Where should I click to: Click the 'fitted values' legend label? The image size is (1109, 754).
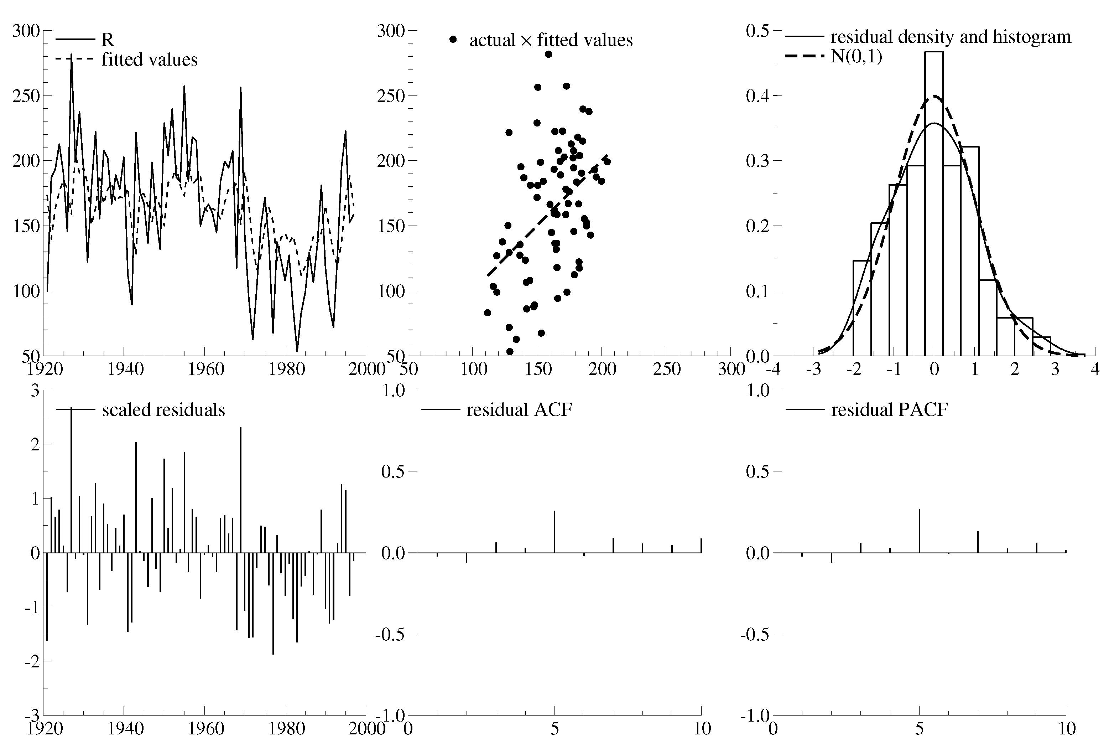pos(149,60)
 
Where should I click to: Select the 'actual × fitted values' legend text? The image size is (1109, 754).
pos(551,40)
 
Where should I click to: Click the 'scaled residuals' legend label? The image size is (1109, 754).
pos(163,410)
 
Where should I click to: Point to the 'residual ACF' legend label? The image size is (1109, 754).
pos(519,410)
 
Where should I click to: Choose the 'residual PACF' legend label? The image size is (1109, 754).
pos(889,410)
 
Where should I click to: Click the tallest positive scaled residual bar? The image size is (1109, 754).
pos(72,480)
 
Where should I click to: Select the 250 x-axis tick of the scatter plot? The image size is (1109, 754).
pos(667,369)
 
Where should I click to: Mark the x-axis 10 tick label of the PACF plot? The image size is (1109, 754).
pos(1067,729)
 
